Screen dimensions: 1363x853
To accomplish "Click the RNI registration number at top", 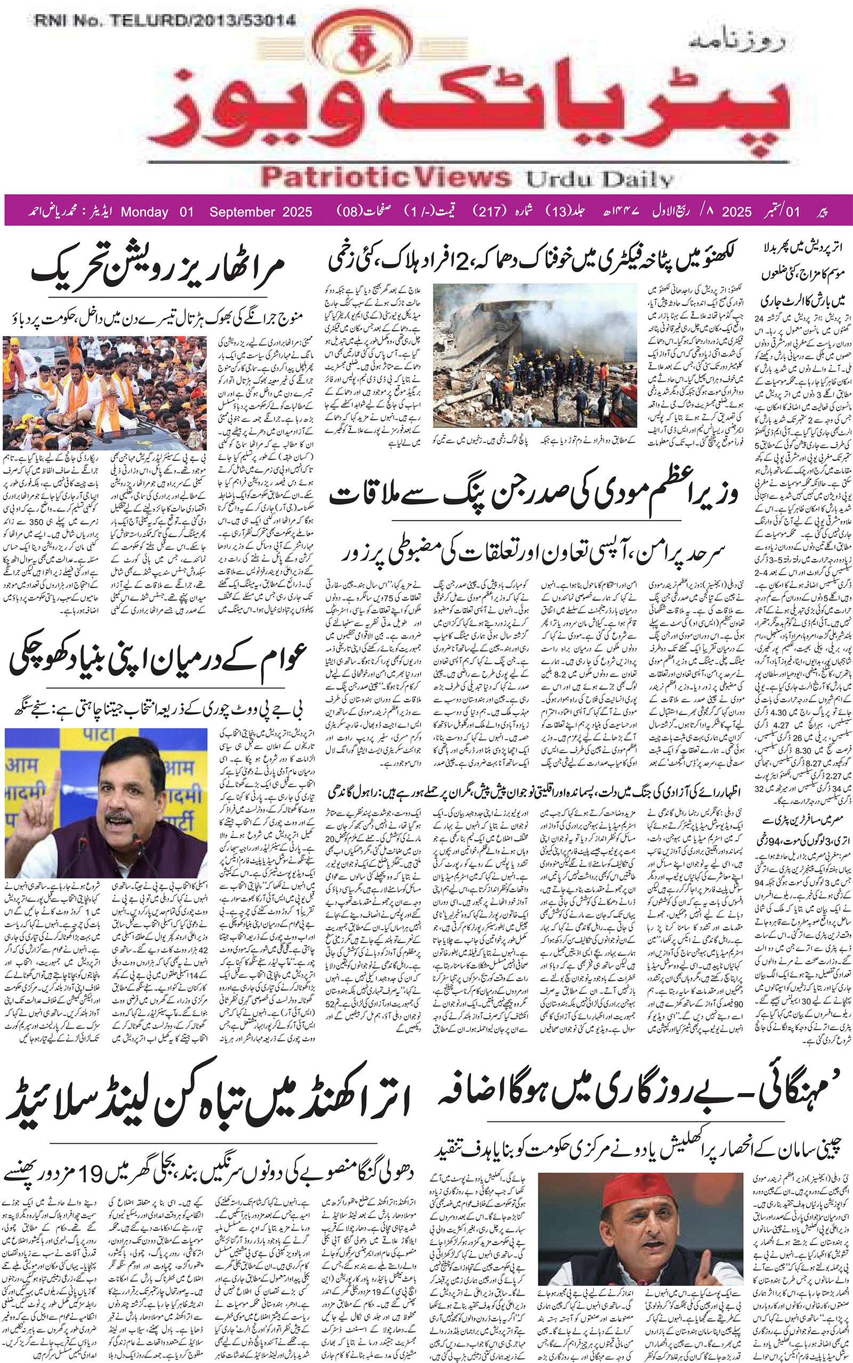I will [165, 21].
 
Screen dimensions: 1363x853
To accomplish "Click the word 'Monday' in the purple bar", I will [144, 212].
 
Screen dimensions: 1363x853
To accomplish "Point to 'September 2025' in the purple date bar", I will [261, 212].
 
